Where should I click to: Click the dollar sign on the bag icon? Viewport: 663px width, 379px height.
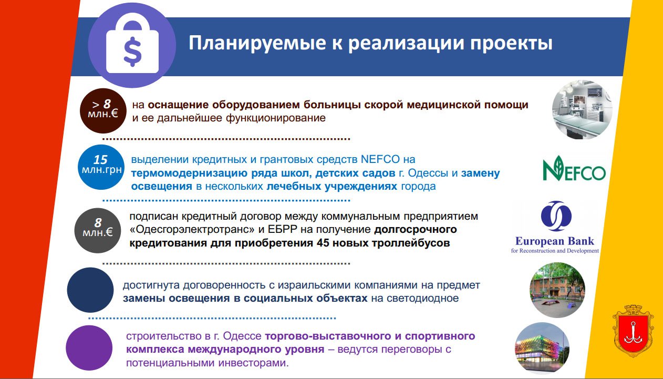(x=132, y=52)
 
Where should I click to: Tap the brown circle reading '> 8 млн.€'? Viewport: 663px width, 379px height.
(x=103, y=111)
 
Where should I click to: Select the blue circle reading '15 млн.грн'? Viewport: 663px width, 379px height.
(x=101, y=167)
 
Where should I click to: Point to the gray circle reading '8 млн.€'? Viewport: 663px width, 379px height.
(x=98, y=230)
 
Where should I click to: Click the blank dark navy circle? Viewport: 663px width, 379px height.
(x=90, y=290)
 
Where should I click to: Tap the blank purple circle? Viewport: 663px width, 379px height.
(x=89, y=347)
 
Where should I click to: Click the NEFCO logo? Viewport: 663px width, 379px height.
(x=574, y=168)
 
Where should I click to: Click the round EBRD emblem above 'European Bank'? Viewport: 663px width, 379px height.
(x=556, y=216)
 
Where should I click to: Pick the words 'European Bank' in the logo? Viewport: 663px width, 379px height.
(x=555, y=241)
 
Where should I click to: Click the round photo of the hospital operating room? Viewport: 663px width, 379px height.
(x=582, y=109)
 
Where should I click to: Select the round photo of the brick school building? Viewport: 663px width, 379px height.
(x=557, y=290)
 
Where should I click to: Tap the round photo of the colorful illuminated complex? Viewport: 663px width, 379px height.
(x=542, y=349)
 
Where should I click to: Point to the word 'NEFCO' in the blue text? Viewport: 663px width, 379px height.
(x=380, y=159)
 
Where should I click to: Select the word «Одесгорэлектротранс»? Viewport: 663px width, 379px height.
(x=192, y=230)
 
